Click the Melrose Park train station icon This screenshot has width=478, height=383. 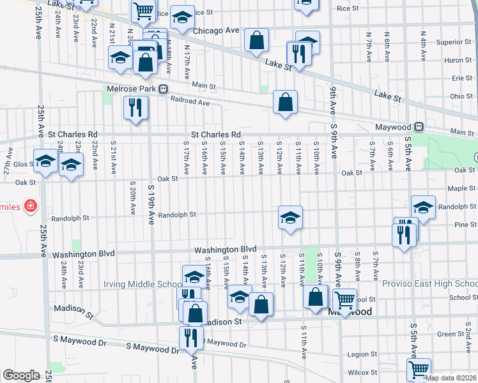coord(164,89)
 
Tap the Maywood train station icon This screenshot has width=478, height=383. coord(419,126)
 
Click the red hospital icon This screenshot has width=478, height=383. coord(30,206)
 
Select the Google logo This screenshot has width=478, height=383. coord(21,375)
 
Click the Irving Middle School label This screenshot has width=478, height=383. coord(143,284)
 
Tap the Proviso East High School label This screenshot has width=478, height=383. coord(428,283)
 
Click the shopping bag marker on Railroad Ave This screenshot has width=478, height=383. coord(285,102)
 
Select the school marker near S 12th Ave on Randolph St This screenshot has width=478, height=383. coord(290,218)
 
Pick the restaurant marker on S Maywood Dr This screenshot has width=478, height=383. coord(190,338)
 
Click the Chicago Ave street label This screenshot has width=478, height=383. coord(215,31)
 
